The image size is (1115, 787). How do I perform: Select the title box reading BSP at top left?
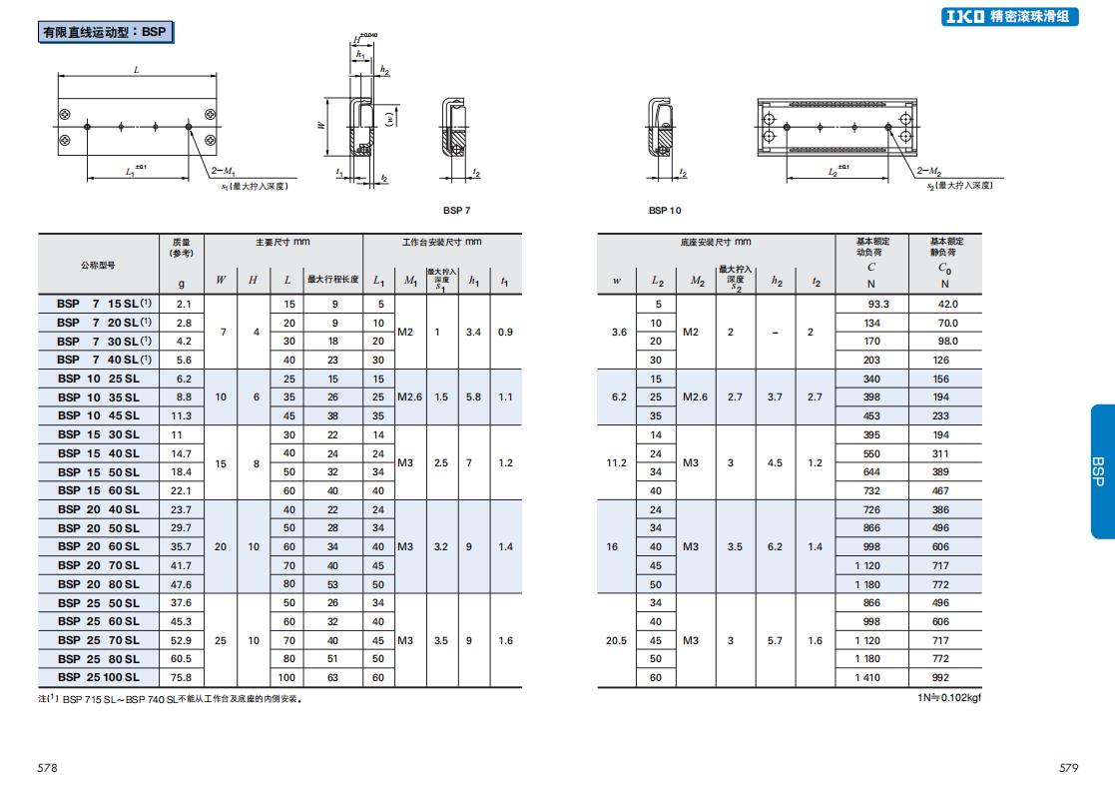tap(105, 32)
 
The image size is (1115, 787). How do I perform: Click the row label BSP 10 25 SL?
tap(99, 379)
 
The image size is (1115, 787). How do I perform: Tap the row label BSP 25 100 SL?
tap(99, 677)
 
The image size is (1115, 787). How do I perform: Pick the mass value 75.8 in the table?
tap(182, 677)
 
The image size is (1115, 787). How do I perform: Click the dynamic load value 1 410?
tap(867, 677)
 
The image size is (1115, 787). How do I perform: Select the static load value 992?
tap(940, 677)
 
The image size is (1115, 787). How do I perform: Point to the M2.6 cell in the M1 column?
tap(409, 397)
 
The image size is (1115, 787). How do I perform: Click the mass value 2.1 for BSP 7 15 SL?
tap(185, 304)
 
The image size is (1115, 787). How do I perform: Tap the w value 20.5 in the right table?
tap(617, 640)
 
